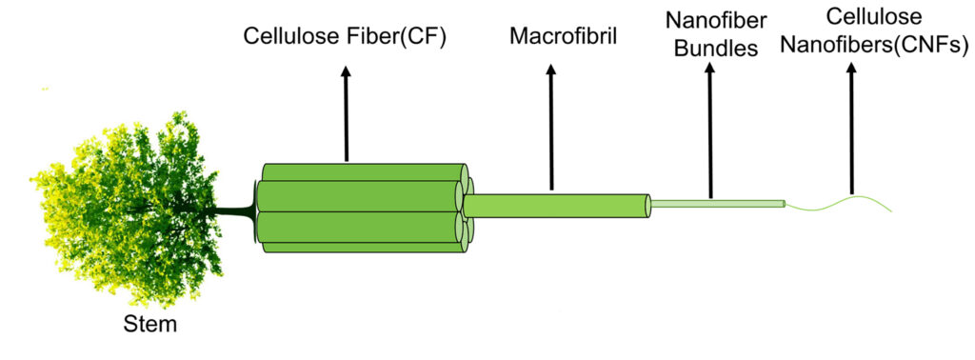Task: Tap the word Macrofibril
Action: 564,36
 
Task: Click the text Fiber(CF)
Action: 392,37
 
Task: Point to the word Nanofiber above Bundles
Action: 711,21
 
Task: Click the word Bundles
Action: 716,48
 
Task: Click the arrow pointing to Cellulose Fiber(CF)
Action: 347,113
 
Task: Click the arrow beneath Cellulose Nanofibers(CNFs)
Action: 852,130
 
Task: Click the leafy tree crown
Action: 128,209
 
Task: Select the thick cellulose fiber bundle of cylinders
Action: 364,209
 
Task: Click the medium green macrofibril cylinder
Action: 556,206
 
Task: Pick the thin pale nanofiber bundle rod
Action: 718,203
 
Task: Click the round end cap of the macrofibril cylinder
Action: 647,206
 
